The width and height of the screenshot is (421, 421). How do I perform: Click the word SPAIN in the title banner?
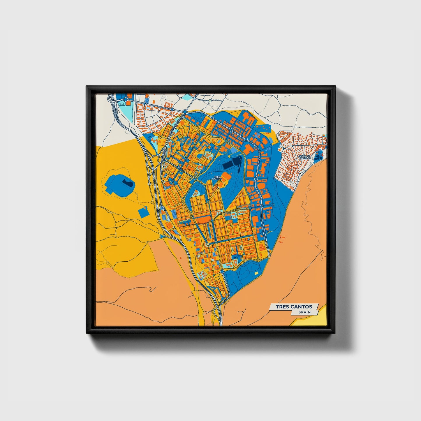click(304, 312)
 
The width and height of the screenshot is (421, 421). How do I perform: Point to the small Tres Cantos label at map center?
click(217, 178)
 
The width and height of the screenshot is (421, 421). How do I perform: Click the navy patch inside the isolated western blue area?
click(127, 183)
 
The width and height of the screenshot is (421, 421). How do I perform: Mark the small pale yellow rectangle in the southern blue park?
click(256, 273)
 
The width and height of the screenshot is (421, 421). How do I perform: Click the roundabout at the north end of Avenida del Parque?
click(222, 272)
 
